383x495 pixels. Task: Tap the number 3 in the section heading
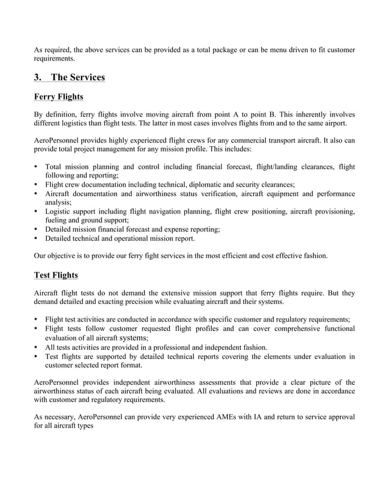pyautogui.click(x=37, y=77)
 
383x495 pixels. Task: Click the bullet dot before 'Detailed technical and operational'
pyautogui.click(x=37, y=238)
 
